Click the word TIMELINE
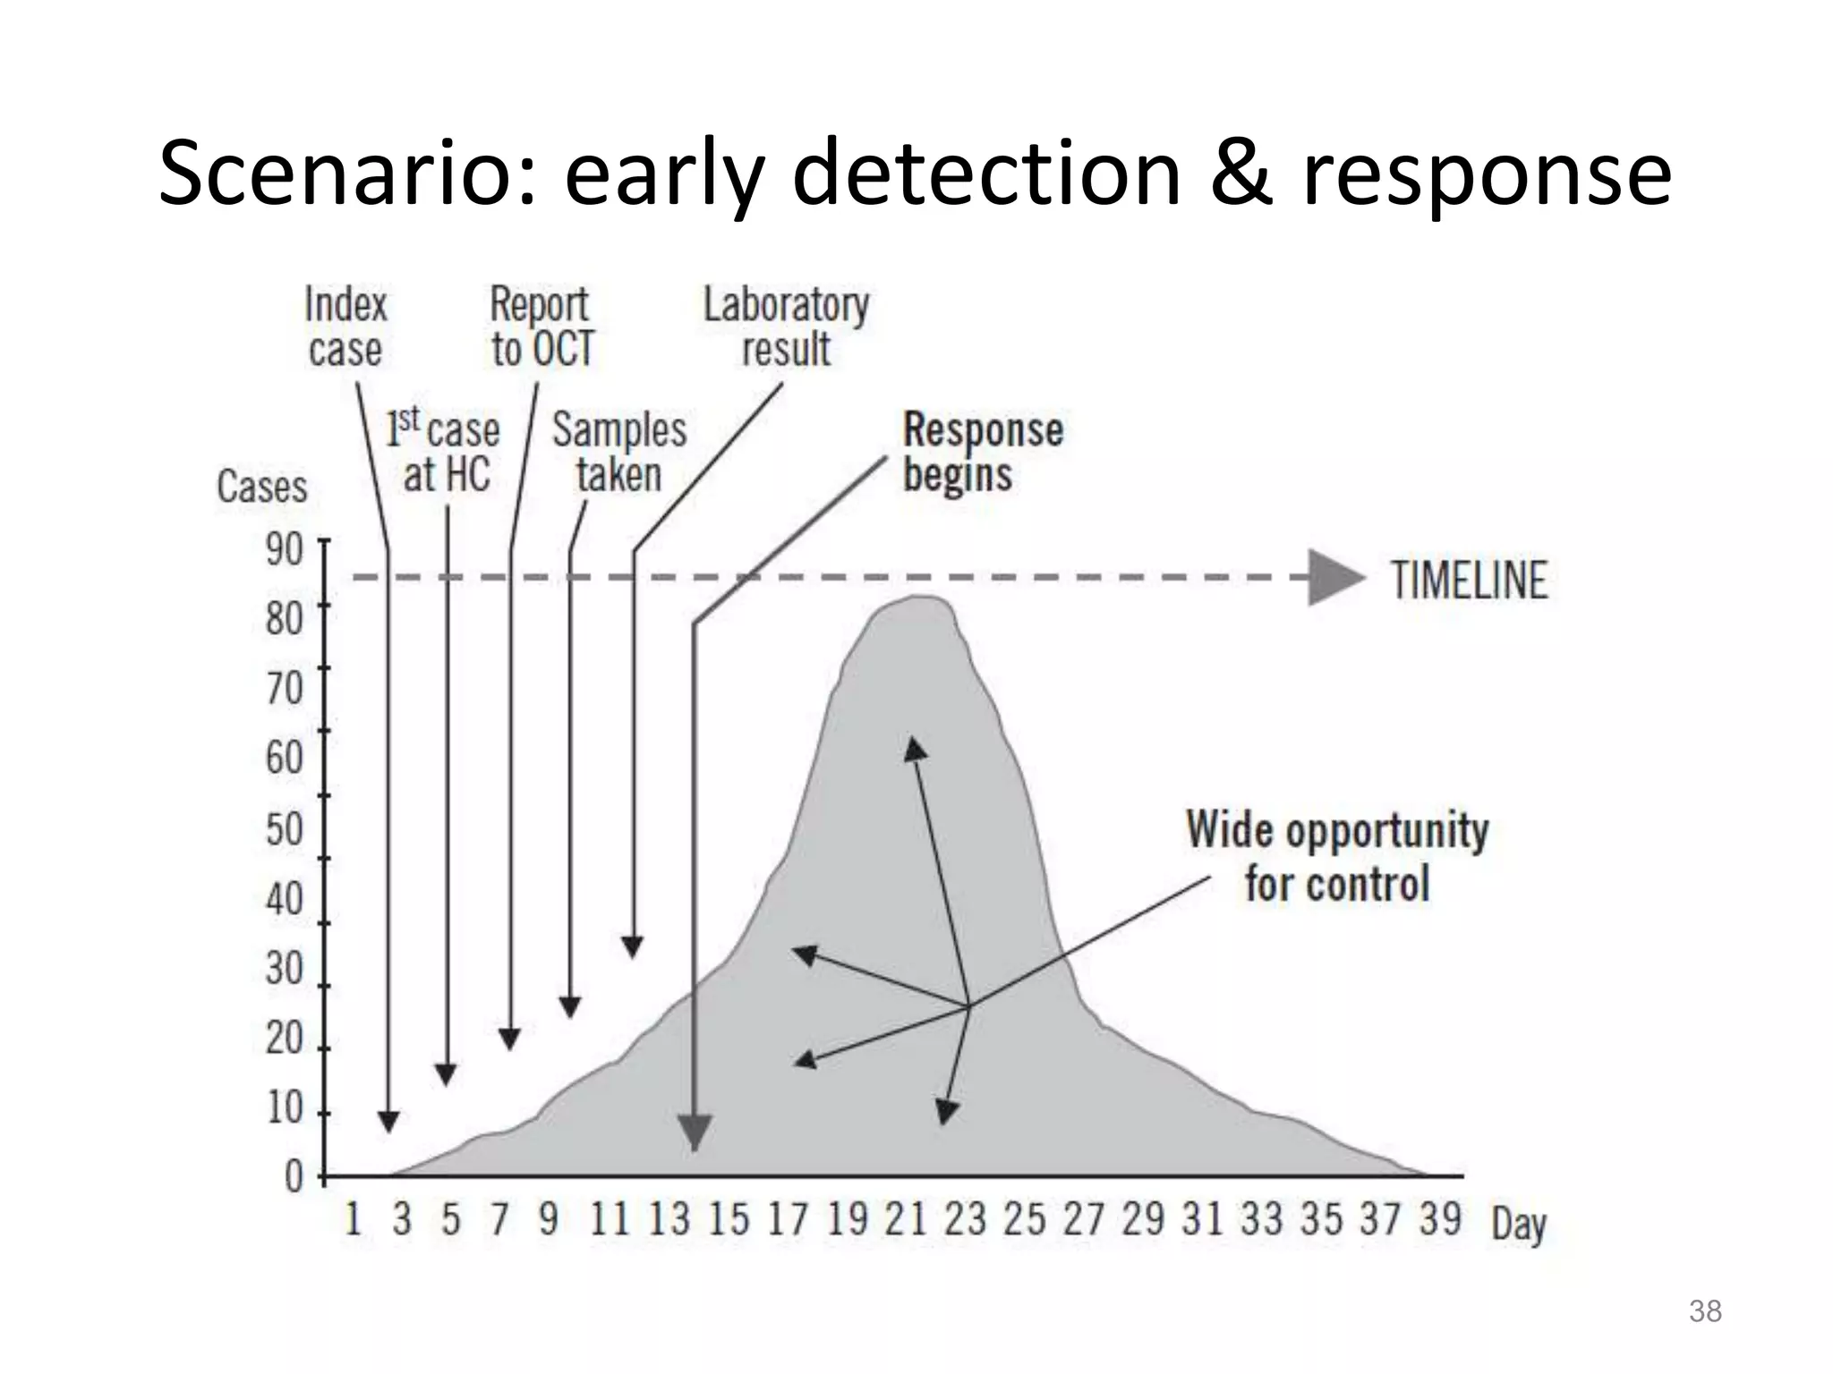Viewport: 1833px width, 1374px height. click(1469, 581)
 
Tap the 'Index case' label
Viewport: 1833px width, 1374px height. click(345, 327)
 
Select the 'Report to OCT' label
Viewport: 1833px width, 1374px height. click(541, 327)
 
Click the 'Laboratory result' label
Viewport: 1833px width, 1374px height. click(786, 327)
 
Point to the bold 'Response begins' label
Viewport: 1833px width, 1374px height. click(982, 452)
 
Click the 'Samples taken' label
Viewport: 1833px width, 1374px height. click(618, 452)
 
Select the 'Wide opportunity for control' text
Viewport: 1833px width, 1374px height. click(1337, 857)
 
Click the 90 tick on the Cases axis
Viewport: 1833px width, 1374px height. click(285, 548)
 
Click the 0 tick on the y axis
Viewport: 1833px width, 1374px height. click(294, 1176)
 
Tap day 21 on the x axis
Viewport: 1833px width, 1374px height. click(905, 1219)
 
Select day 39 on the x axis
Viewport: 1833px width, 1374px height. click(1439, 1219)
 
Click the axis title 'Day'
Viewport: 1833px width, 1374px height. click(1519, 1224)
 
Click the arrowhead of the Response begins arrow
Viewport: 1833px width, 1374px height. click(695, 1132)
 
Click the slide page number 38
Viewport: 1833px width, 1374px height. click(1705, 1311)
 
